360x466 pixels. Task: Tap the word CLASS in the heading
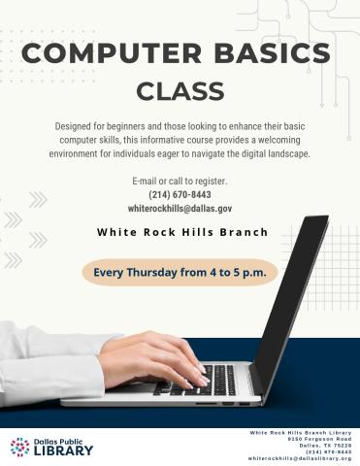coord(180,91)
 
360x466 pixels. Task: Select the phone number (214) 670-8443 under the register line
coord(180,194)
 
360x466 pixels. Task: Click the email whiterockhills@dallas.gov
coord(180,208)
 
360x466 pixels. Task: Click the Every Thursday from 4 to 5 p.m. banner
coord(180,272)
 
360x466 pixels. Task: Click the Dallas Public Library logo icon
coord(19,447)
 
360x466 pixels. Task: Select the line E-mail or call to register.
coord(180,182)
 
